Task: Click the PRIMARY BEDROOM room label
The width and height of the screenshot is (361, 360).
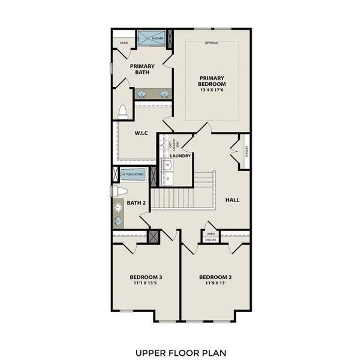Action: click(212, 80)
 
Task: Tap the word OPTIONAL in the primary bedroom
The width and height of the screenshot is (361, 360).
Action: click(212, 43)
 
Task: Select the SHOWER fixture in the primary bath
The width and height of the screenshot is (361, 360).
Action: click(152, 38)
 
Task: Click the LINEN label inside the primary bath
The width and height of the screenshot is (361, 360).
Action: click(124, 43)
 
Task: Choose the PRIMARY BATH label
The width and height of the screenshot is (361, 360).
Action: click(142, 70)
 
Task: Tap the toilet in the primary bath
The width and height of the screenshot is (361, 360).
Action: click(123, 112)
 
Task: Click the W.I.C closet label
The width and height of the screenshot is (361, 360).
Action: click(141, 133)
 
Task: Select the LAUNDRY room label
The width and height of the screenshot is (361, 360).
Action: click(180, 156)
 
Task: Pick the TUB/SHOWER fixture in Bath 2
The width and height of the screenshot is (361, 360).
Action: click(133, 175)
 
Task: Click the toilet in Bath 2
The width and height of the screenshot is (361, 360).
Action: click(120, 191)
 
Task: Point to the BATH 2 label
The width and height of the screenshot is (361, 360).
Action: click(136, 203)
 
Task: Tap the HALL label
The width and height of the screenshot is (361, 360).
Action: click(231, 199)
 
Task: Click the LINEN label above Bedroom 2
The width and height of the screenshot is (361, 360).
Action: click(210, 233)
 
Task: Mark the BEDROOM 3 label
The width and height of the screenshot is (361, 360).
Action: click(146, 277)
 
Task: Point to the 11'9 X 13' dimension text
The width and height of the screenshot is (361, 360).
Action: click(215, 283)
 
